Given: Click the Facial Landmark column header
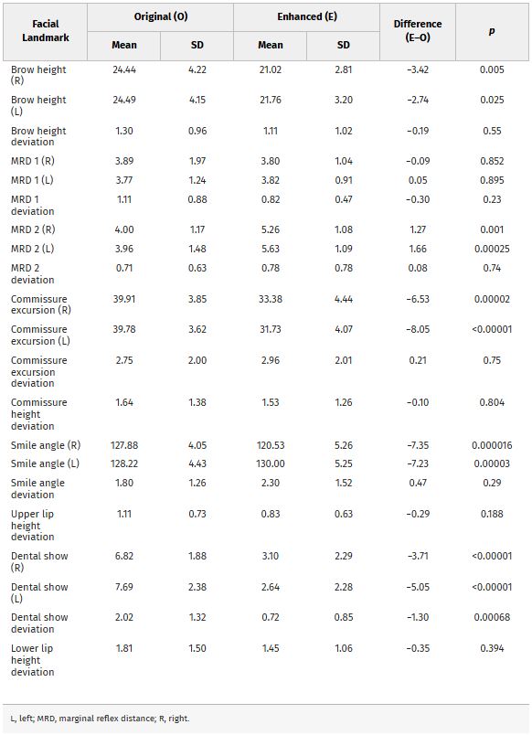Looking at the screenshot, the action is [46, 30].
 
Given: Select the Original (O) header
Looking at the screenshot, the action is [161, 16].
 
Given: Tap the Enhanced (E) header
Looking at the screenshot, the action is [307, 16].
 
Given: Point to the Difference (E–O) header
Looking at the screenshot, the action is [418, 30].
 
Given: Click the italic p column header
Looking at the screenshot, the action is [492, 31].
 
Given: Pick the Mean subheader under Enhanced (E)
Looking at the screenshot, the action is [271, 45].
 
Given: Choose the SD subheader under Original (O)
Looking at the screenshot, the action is [197, 45].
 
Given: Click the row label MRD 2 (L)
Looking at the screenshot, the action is [32, 249].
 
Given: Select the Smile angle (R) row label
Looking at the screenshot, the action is [46, 445].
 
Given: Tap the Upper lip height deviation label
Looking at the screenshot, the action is [32, 525].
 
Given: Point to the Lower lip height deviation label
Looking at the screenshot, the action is [32, 660].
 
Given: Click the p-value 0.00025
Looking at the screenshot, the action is [492, 249].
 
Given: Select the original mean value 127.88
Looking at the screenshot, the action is [124, 445].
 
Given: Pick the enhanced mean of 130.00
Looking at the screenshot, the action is [271, 463].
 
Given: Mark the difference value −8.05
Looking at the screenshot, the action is [418, 329].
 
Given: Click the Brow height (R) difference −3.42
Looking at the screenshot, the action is [418, 69].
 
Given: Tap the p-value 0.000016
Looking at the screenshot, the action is [492, 445].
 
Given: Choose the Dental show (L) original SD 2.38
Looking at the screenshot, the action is [197, 586].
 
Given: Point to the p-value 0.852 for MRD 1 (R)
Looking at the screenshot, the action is [492, 161].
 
